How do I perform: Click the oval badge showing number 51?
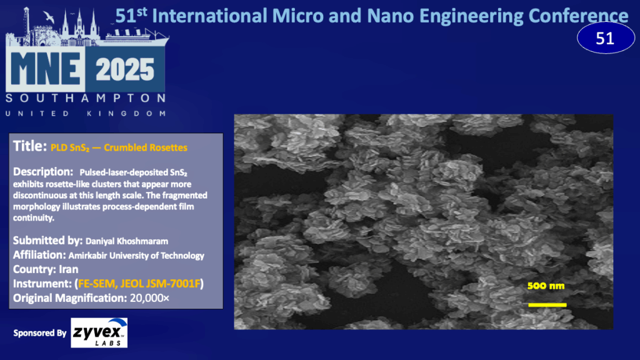(x=606, y=38)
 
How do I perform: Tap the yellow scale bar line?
(x=547, y=305)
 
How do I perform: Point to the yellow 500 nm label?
(x=546, y=286)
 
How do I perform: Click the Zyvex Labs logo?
(x=99, y=332)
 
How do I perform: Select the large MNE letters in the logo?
(x=45, y=69)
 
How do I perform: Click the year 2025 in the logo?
(x=125, y=69)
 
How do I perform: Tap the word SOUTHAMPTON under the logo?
(x=86, y=98)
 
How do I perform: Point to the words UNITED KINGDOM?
(x=86, y=114)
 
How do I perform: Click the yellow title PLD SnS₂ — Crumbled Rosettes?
(x=119, y=147)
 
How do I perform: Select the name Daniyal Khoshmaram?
(x=126, y=241)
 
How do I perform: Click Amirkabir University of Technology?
(x=136, y=256)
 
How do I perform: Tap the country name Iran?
(x=69, y=269)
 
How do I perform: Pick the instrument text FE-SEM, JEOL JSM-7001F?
(x=139, y=284)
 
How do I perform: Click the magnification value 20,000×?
(x=149, y=298)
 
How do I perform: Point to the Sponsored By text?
(x=39, y=333)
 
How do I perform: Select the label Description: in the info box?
(x=43, y=172)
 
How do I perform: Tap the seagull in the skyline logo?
(x=49, y=17)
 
